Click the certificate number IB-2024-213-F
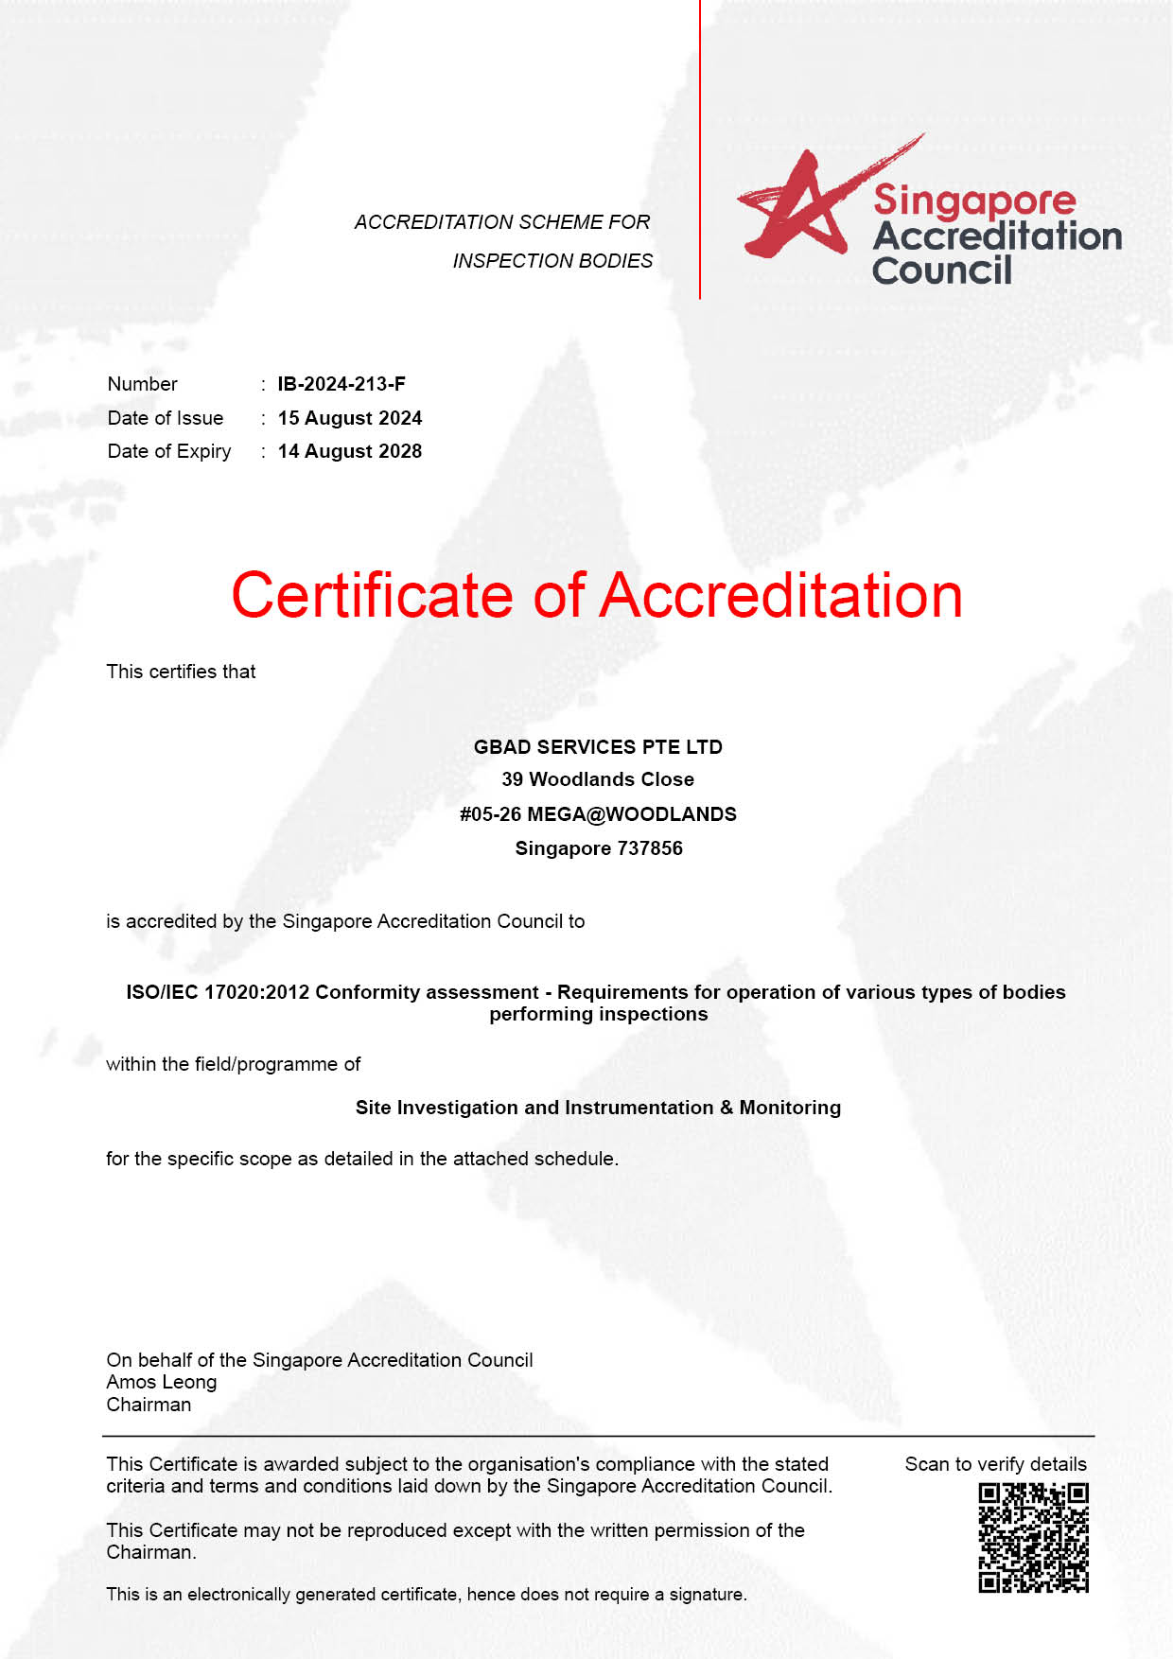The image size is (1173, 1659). pos(341,384)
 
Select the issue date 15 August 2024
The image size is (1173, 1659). pos(349,418)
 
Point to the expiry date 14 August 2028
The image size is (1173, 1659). pos(349,451)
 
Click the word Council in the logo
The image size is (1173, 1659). pos(941,271)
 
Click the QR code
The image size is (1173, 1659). pos(1033,1537)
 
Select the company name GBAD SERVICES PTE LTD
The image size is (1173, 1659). pos(598,747)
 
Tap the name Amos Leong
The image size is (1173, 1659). pos(162,1382)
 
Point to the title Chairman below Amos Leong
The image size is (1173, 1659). pos(149,1405)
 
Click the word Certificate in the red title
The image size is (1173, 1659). pos(372,596)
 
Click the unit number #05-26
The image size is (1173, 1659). pos(490,814)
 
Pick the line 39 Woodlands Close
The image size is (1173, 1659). pos(598,779)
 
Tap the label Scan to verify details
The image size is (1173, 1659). pos(995,1464)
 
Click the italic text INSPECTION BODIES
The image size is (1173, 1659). pos(552,261)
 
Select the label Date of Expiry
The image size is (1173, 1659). pos(169,451)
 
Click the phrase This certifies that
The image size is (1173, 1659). pos(181,672)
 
